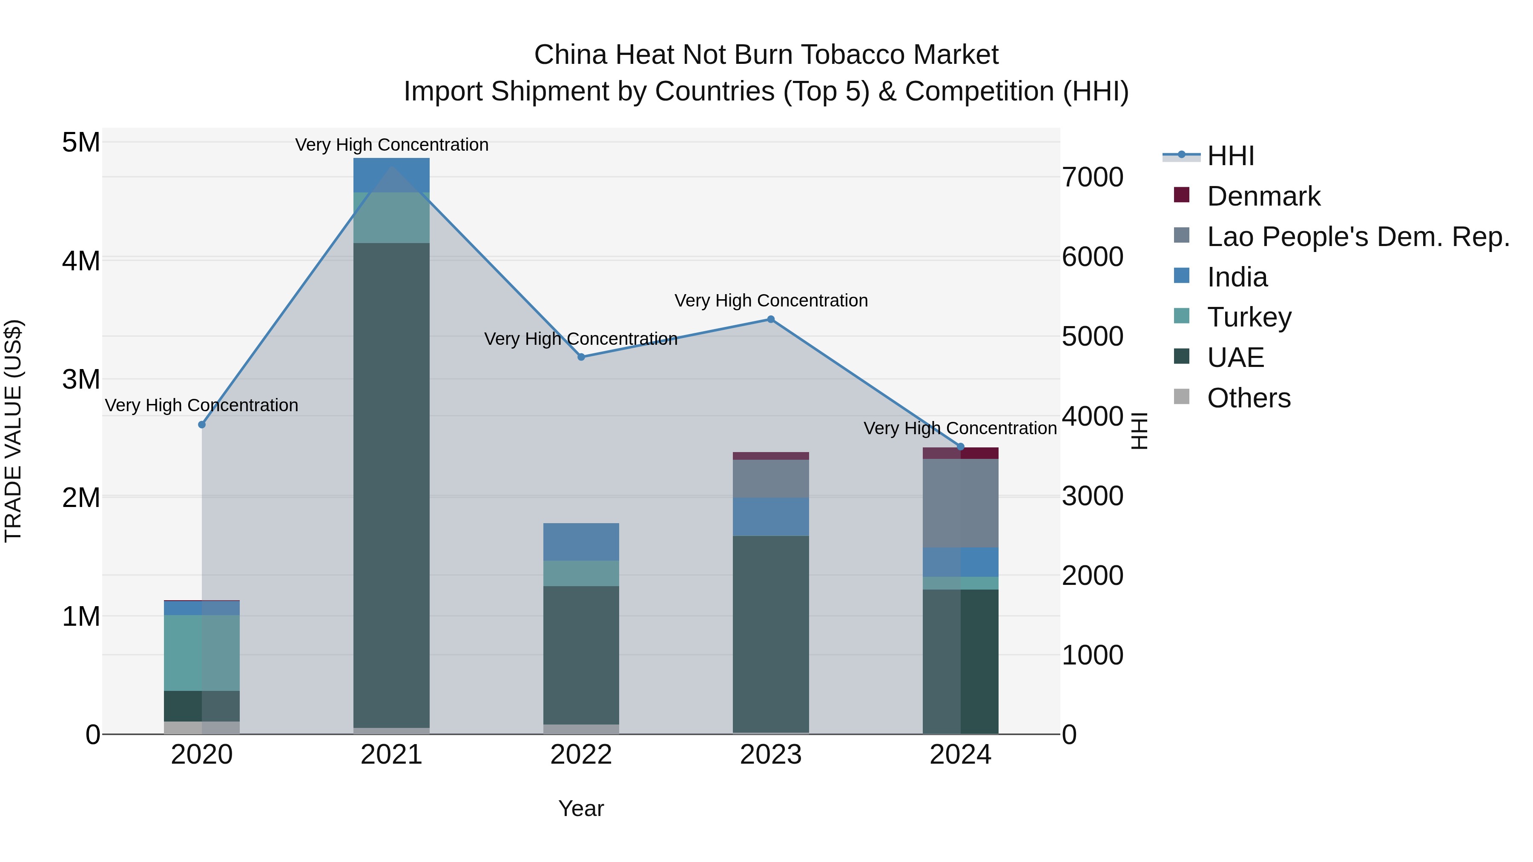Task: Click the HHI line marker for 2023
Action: (771, 319)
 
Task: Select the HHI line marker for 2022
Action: (581, 357)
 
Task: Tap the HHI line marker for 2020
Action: (202, 425)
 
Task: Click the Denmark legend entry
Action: (1263, 196)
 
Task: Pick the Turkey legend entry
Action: (1249, 317)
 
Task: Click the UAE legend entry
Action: (1235, 358)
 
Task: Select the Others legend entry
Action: (1248, 398)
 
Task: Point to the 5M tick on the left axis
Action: (81, 143)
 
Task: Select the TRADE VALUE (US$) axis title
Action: (13, 431)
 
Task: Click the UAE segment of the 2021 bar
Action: (392, 485)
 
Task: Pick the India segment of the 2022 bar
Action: (581, 542)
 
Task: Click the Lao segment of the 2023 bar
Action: (771, 479)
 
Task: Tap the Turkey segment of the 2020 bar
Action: (202, 653)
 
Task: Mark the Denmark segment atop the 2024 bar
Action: (961, 453)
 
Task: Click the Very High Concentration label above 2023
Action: (771, 301)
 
